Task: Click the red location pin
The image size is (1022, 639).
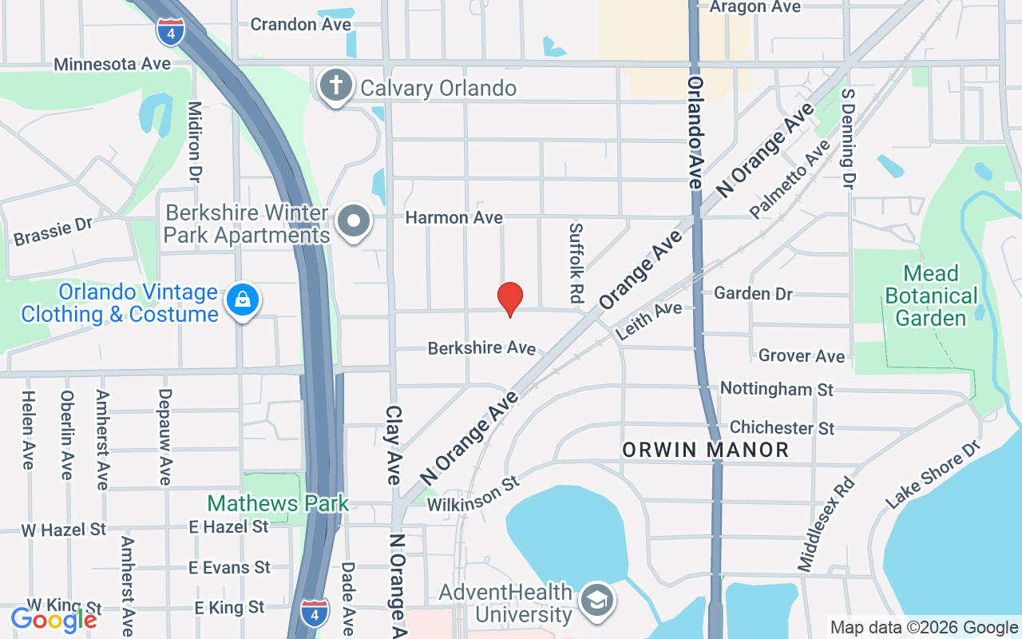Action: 510,299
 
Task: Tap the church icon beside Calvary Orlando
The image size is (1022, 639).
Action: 336,85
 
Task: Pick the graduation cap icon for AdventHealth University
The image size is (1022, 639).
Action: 596,600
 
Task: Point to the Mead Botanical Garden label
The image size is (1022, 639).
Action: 931,296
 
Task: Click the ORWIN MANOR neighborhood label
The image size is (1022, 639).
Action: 706,450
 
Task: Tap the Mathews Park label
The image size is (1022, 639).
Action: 278,503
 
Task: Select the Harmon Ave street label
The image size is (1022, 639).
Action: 454,217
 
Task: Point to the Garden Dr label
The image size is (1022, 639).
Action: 753,294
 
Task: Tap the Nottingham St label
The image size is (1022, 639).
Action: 776,389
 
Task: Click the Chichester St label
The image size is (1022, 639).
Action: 782,428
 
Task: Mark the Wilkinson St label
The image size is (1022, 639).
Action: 473,495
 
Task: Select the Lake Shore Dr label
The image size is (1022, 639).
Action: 933,477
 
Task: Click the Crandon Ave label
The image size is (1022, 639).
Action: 300,25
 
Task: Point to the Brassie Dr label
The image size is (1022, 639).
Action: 53,231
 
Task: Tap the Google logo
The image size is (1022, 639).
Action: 53,620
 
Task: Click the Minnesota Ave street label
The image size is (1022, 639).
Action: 113,64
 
